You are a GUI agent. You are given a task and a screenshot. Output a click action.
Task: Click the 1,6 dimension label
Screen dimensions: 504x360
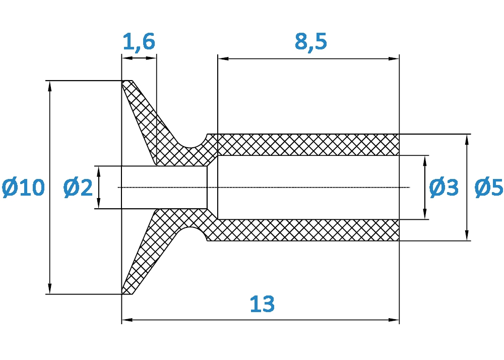pyautogui.click(x=139, y=42)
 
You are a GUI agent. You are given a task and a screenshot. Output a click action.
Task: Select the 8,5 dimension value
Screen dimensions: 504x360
pyautogui.click(x=311, y=41)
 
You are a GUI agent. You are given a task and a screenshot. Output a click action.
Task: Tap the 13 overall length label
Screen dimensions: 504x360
pyautogui.click(x=262, y=304)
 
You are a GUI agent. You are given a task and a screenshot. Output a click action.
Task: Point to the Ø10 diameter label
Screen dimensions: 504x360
pyautogui.click(x=23, y=188)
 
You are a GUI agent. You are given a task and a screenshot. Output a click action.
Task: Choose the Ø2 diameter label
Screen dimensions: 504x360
pyautogui.click(x=78, y=188)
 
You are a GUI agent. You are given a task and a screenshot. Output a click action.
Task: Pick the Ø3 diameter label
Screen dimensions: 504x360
pyautogui.click(x=444, y=188)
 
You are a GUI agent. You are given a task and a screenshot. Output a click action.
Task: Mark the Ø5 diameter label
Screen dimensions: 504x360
pyautogui.click(x=489, y=188)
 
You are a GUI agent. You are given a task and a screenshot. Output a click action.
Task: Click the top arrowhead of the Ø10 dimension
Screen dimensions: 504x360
pyautogui.click(x=49, y=86)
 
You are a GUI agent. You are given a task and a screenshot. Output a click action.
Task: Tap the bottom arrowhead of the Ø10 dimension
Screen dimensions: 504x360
pyautogui.click(x=49, y=288)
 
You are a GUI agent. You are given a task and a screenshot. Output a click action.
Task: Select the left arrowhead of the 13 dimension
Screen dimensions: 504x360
pyautogui.click(x=128, y=320)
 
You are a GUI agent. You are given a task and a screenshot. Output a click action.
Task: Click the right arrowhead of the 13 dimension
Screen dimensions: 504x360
pyautogui.click(x=394, y=320)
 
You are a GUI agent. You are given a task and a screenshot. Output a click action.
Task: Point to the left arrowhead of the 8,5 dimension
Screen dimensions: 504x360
pyautogui.click(x=223, y=58)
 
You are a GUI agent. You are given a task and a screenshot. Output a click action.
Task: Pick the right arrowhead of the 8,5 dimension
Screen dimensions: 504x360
pyautogui.click(x=394, y=58)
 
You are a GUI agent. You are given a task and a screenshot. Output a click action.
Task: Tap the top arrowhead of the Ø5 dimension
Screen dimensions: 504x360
pyautogui.click(x=467, y=140)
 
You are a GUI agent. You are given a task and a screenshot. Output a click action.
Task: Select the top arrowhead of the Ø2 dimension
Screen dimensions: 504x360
pyautogui.click(x=99, y=171)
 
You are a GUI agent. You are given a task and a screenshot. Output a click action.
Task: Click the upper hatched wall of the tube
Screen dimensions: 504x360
pyautogui.click(x=308, y=145)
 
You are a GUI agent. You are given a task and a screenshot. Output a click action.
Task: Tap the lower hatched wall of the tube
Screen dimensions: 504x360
pyautogui.click(x=308, y=230)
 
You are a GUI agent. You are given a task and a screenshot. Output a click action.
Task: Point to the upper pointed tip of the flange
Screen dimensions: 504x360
pyautogui.click(x=122, y=81)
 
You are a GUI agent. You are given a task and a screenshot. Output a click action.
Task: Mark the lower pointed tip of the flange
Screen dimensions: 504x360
pyautogui.click(x=122, y=293)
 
